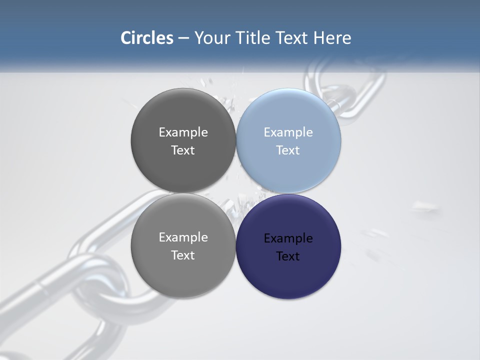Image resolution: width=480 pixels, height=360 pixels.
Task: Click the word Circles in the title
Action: [147, 38]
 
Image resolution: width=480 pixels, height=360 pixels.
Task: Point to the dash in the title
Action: [183, 38]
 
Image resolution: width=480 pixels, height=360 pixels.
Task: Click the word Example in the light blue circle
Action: [288, 132]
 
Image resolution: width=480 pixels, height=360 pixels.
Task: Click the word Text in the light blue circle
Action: [288, 150]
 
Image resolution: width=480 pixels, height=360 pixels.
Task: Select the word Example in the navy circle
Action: [288, 238]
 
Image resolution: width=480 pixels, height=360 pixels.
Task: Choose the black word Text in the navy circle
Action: [288, 256]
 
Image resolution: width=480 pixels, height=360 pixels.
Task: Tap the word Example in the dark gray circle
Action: [183, 132]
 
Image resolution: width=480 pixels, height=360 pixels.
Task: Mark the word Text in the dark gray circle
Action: [183, 150]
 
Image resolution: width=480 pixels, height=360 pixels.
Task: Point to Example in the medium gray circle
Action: [183, 237]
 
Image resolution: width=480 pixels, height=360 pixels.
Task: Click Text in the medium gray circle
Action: [183, 255]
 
